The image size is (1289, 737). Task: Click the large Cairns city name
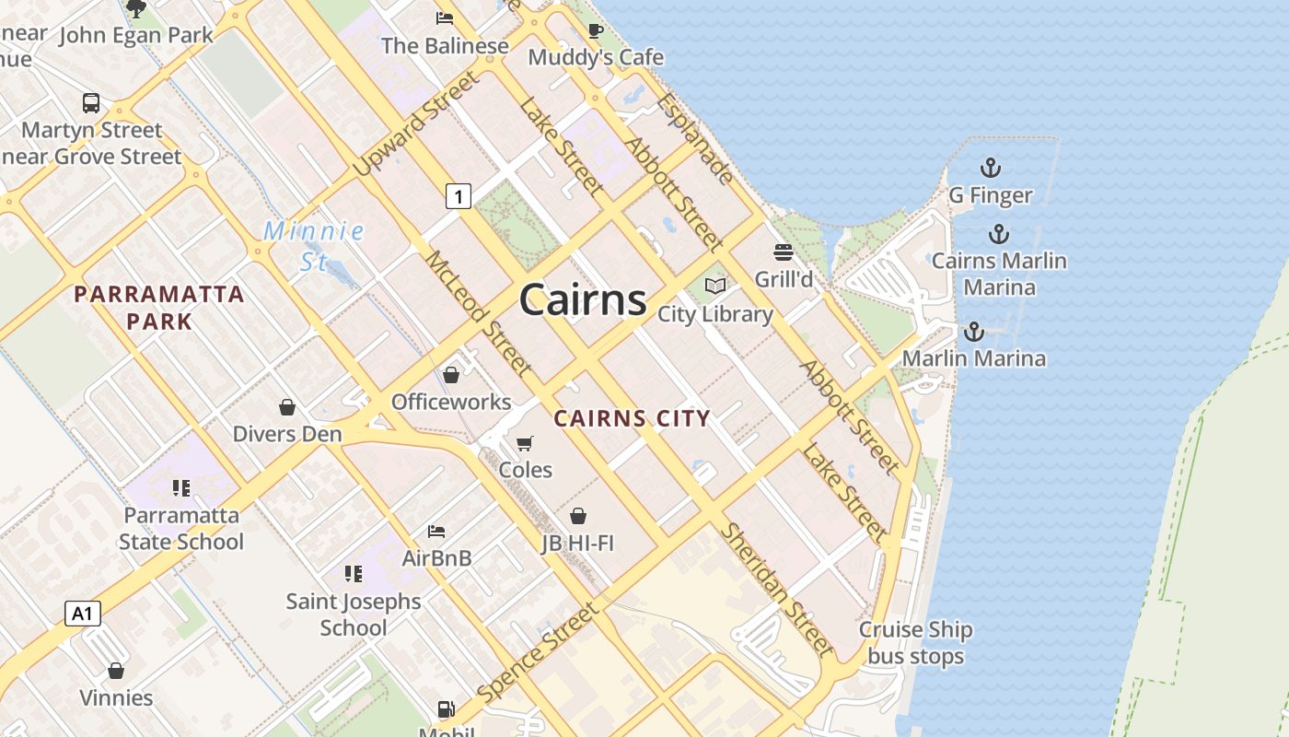pos(583,300)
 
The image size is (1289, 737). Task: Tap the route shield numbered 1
pos(459,195)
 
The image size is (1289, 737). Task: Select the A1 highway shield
pos(83,614)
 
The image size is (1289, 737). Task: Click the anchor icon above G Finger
pos(990,168)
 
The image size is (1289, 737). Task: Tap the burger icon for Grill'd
pos(784,252)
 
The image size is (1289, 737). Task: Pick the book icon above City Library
pos(715,286)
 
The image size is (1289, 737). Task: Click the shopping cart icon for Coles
pos(525,443)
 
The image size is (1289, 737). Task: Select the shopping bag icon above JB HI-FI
pos(578,516)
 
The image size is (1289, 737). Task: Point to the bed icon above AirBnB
pos(436,531)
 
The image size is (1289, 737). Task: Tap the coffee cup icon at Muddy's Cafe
pos(596,30)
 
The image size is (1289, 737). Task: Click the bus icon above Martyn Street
pos(91,102)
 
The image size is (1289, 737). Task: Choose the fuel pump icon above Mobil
pos(446,708)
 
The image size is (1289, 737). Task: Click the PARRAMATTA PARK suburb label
pos(159,308)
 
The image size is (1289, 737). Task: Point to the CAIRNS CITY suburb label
pos(632,418)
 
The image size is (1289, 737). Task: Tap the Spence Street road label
pos(538,651)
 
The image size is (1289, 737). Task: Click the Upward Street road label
pos(416,124)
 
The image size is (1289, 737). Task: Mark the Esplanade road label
pos(696,138)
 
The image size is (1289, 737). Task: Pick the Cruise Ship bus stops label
pos(915,643)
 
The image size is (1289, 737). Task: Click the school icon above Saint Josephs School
pos(354,574)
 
